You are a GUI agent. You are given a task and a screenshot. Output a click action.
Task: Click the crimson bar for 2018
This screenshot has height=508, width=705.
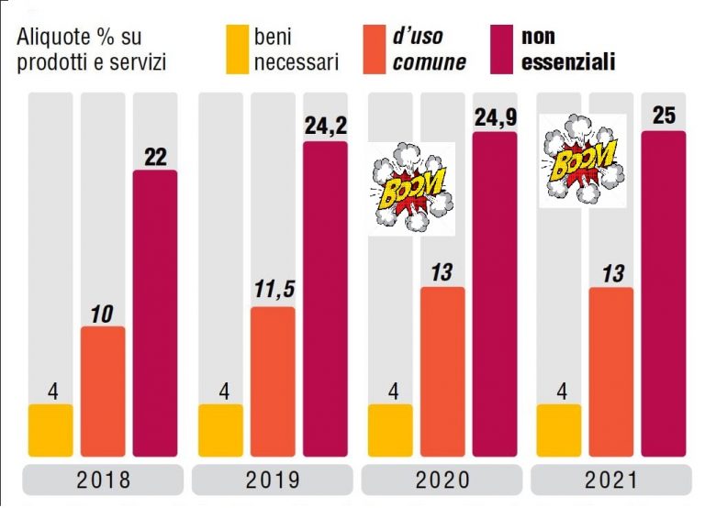[x=155, y=312]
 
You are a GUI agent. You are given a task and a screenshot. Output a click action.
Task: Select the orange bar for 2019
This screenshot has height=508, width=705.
[x=274, y=381]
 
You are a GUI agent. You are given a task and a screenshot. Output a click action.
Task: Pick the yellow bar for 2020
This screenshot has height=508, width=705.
[x=390, y=429]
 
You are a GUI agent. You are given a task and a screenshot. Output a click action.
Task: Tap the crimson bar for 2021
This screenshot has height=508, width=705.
[x=663, y=293]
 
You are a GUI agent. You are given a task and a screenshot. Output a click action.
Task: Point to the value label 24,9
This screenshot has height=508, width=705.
[x=494, y=116]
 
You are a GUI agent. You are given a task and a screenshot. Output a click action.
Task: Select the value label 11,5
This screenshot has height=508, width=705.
[x=274, y=292]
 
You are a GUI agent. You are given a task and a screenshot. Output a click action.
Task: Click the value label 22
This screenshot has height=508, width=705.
[x=155, y=156]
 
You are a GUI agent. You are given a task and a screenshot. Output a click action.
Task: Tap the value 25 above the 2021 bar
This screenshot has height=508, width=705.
[x=663, y=116]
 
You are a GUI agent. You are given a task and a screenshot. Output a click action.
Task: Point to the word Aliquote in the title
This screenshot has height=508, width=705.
[x=52, y=38]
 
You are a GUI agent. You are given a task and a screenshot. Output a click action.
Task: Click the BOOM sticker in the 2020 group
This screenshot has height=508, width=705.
[x=411, y=189]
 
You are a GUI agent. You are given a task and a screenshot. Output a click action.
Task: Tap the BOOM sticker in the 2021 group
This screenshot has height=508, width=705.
[x=581, y=160]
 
